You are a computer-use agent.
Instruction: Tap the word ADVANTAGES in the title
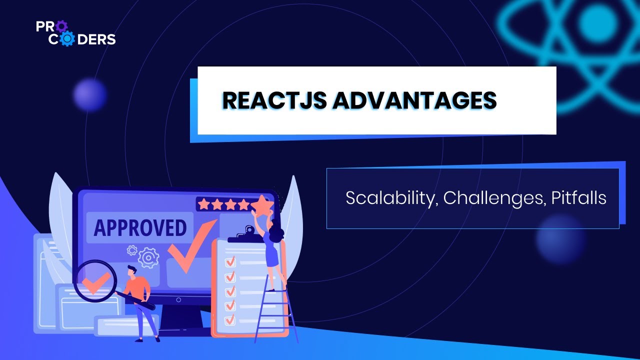(414, 100)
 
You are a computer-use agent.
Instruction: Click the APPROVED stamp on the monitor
(140, 227)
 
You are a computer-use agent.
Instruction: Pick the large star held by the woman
(261, 205)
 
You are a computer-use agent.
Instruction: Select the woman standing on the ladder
(273, 250)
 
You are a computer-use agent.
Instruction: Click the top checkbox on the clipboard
(230, 261)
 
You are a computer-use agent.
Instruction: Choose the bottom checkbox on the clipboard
(230, 319)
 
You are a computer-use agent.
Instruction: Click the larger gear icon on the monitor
(148, 258)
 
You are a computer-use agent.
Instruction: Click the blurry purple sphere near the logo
(90, 94)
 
